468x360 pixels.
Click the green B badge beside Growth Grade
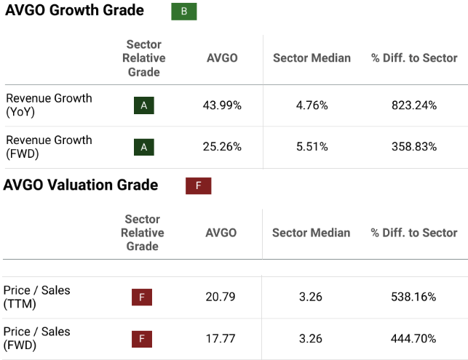click(183, 12)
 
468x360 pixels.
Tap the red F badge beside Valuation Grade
click(198, 185)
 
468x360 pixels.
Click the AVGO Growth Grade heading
click(74, 11)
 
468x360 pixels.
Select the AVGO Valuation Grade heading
click(81, 185)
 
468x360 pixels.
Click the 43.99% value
click(222, 105)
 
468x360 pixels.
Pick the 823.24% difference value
click(414, 105)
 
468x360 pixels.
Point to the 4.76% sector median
click(312, 105)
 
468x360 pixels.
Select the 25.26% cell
click(222, 147)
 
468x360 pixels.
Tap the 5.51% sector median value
click(312, 147)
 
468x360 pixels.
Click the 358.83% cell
click(414, 147)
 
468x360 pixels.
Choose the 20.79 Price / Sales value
click(221, 297)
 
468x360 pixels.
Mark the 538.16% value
click(413, 297)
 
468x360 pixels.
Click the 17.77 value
click(221, 338)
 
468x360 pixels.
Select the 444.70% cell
click(413, 338)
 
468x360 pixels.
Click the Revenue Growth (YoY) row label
click(49, 105)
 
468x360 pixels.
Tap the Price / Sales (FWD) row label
click(37, 338)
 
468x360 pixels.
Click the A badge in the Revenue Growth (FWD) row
click(144, 147)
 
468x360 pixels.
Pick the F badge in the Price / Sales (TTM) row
click(142, 297)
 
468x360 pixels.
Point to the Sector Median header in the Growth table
click(312, 58)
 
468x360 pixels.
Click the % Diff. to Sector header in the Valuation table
click(413, 233)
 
